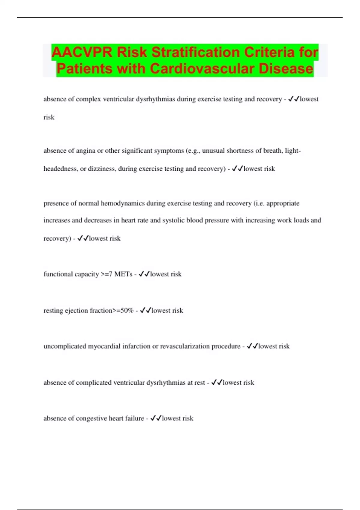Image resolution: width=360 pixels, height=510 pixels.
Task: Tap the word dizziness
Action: [x=102, y=169]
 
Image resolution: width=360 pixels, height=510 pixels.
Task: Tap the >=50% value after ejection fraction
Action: [x=123, y=310]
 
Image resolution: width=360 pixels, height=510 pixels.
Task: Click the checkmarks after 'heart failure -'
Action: [x=156, y=418]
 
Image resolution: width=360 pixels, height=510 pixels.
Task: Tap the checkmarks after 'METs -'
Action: [x=144, y=274]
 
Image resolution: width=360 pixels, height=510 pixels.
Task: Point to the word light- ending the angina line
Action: [x=293, y=151]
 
